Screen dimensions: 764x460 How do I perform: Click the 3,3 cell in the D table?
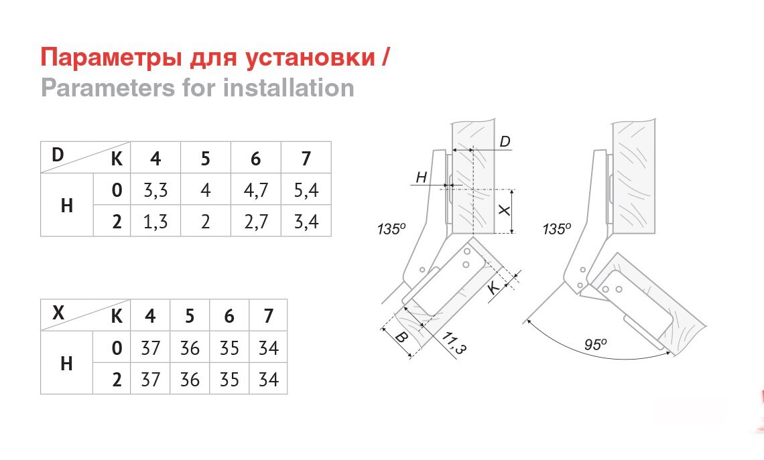pyautogui.click(x=155, y=190)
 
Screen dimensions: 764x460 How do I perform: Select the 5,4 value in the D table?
pyautogui.click(x=306, y=190)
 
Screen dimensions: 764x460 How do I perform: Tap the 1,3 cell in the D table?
pyautogui.click(x=155, y=222)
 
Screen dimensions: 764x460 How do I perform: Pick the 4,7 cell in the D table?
pyautogui.click(x=255, y=190)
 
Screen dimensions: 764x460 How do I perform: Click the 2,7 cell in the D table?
pyautogui.click(x=255, y=222)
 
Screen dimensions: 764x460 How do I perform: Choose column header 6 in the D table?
pyautogui.click(x=255, y=159)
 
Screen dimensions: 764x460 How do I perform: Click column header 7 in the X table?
pyautogui.click(x=268, y=315)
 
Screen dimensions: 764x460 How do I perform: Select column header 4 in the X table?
pyautogui.click(x=151, y=315)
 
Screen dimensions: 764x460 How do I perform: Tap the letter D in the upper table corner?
pyautogui.click(x=58, y=154)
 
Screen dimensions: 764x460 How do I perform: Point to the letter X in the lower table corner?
pyautogui.click(x=58, y=311)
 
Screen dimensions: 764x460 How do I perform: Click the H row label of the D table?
pyautogui.click(x=66, y=206)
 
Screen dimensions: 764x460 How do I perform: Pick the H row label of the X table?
pyautogui.click(x=66, y=363)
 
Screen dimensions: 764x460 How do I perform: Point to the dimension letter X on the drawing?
pyautogui.click(x=506, y=210)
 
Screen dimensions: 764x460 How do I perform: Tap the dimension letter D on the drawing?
pyautogui.click(x=505, y=141)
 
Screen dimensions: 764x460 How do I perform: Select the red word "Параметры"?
pyautogui.click(x=105, y=58)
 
